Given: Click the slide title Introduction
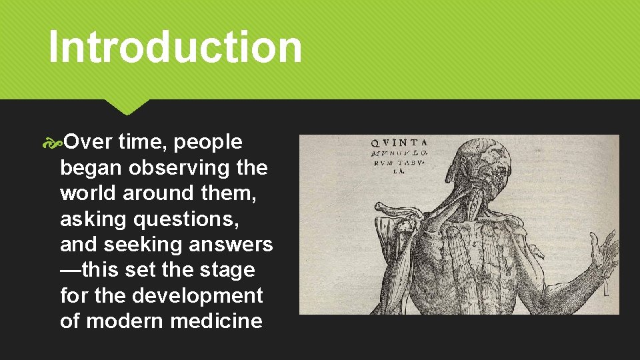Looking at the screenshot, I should [175, 47].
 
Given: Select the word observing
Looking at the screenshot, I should [180, 168].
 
